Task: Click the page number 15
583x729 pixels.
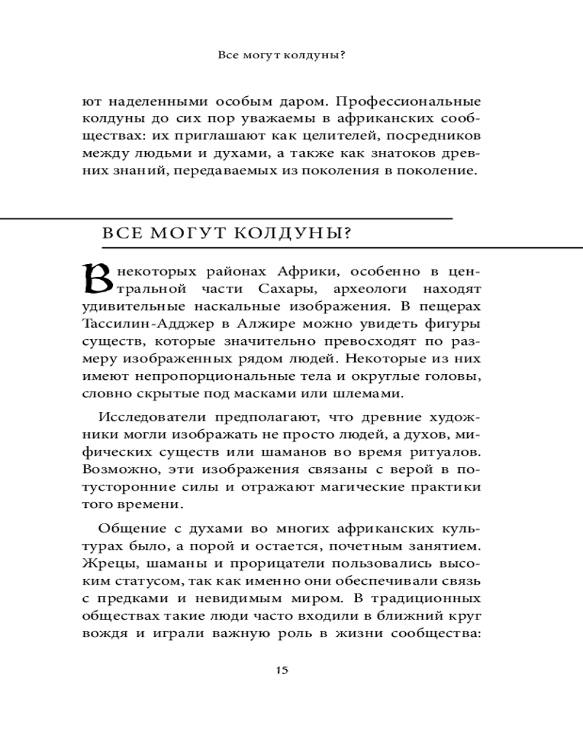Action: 282,671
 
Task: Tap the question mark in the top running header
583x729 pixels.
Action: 342,55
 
